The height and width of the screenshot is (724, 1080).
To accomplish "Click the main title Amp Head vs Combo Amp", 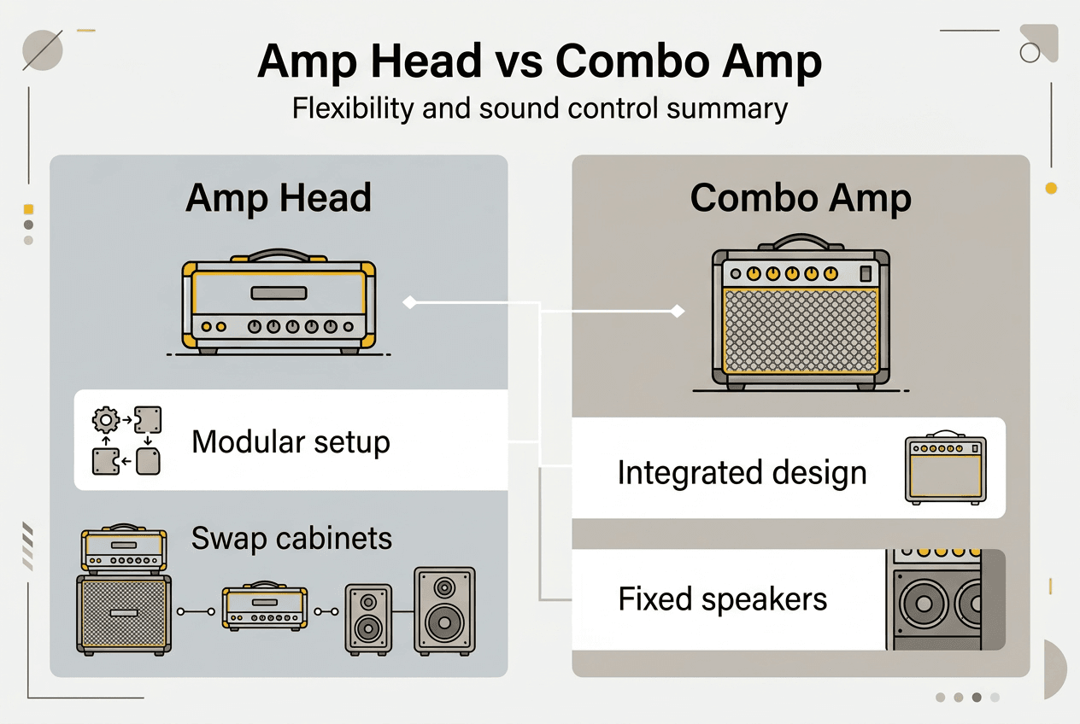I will click(539, 61).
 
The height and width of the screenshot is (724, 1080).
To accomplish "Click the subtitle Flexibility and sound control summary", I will click(539, 110).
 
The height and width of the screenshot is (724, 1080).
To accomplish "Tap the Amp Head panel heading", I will click(279, 198).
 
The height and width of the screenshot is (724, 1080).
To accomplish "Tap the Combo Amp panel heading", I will click(801, 198).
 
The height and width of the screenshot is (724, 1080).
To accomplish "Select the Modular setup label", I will click(291, 441).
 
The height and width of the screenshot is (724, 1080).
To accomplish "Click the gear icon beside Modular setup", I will click(105, 419).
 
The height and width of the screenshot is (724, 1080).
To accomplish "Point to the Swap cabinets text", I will click(291, 539).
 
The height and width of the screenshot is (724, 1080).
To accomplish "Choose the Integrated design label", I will click(742, 472).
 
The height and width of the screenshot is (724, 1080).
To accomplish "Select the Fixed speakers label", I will click(723, 599).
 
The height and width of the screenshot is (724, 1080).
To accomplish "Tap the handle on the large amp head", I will click(279, 254).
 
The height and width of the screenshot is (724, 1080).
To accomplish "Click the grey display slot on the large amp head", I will click(279, 294).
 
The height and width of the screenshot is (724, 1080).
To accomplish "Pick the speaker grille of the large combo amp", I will click(801, 330).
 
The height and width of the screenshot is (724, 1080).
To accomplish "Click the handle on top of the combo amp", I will click(801, 242).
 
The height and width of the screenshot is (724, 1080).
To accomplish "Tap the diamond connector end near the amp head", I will click(409, 302).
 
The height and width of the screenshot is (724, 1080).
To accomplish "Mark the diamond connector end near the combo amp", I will click(678, 312).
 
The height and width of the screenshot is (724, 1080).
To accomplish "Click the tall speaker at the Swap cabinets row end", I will click(444, 610).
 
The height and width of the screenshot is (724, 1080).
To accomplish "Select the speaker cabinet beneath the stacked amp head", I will click(124, 613).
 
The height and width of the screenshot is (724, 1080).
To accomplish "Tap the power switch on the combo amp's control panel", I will click(865, 274).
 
